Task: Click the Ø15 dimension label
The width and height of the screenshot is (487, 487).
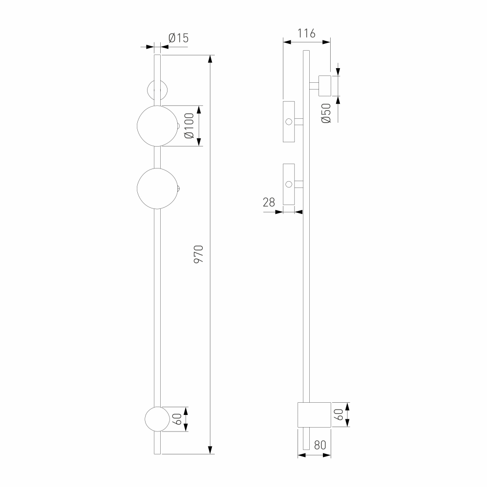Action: (179, 38)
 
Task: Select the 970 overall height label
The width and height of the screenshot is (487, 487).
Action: (199, 254)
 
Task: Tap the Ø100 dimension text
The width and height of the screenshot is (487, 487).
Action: (189, 126)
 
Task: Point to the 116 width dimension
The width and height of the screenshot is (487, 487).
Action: (306, 33)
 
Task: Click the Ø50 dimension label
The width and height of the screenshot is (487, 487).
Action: (326, 113)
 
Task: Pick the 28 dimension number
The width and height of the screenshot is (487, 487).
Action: (269, 203)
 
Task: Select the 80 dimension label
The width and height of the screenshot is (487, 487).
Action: (320, 446)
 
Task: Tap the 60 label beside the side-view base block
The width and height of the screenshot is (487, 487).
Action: (339, 414)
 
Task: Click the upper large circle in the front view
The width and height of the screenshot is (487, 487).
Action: (137, 126)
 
